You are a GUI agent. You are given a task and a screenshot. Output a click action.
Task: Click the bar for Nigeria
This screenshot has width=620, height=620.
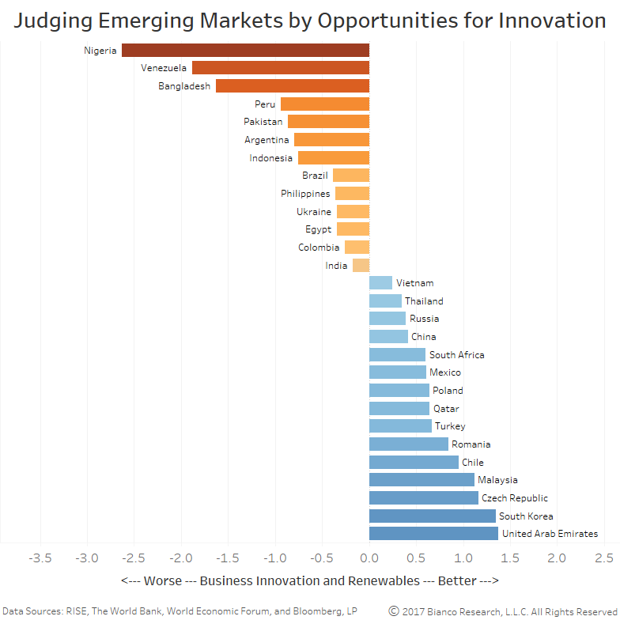tap(245, 50)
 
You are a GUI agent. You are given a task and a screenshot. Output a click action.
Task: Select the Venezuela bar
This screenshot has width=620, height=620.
tap(281, 68)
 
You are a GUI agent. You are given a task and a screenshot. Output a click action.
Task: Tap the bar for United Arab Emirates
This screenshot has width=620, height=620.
tap(433, 534)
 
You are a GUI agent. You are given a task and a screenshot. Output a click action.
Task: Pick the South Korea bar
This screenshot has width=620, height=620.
tap(432, 516)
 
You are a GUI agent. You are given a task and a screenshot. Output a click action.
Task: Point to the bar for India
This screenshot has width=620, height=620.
tap(361, 265)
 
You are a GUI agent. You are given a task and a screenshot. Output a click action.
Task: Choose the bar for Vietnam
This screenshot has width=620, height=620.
tap(380, 283)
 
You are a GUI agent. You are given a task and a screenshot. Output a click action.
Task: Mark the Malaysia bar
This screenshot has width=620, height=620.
tap(422, 480)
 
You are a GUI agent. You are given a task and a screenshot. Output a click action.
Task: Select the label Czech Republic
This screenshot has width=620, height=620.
tap(515, 498)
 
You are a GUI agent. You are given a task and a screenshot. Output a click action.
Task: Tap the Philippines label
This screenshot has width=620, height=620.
tap(305, 194)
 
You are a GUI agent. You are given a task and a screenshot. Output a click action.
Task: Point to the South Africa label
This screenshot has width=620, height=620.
tap(457, 355)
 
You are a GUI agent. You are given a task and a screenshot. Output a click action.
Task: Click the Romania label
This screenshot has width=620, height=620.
tap(471, 444)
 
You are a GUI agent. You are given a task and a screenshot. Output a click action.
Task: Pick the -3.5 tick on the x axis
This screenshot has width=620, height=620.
tap(40, 558)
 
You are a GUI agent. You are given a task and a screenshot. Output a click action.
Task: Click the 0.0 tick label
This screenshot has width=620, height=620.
tap(369, 558)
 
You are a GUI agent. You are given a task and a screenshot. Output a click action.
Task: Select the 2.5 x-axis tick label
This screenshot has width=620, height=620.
tap(603, 558)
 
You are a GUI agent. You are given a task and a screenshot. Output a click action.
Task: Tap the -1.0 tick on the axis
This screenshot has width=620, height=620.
tap(275, 558)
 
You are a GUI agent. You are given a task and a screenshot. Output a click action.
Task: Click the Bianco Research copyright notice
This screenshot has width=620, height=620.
tap(501, 611)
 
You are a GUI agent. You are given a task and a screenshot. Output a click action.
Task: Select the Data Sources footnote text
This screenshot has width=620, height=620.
tap(180, 611)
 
